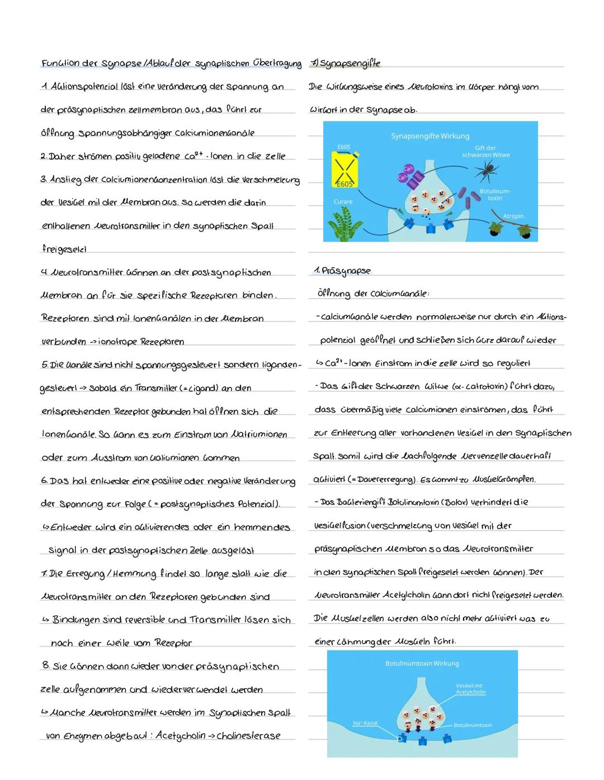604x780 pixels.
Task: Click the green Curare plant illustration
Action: pos(343,224)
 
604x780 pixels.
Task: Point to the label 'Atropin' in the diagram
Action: pos(513,216)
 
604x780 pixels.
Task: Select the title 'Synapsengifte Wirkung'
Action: pos(430,136)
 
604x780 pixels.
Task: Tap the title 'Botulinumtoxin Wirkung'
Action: pos(422,663)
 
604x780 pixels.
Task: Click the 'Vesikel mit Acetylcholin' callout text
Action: pos(470,689)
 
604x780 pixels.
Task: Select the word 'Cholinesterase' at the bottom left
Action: pos(249,736)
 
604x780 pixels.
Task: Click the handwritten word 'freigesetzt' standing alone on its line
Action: pos(64,249)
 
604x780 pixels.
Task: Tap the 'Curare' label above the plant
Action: pos(343,201)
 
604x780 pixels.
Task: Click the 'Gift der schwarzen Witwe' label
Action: pos(485,152)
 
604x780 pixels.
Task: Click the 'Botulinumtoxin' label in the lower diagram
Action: pos(472,725)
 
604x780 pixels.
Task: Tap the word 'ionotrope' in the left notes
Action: pos(117,342)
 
